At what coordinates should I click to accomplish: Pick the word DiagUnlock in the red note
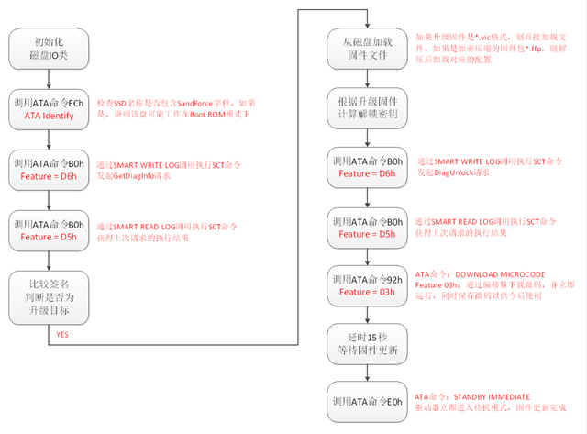tap(460, 172)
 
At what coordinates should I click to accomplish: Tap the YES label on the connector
tap(62, 335)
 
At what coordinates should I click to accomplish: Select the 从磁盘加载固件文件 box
tap(366, 46)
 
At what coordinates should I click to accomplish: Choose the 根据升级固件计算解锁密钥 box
tap(366, 109)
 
